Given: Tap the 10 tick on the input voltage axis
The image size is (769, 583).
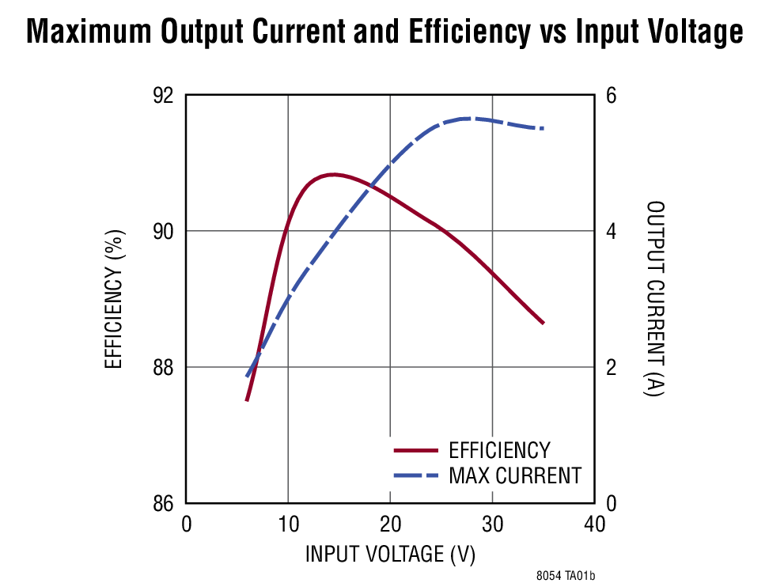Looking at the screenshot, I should tap(288, 524).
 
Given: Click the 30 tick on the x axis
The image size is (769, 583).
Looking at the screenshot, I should tap(492, 524).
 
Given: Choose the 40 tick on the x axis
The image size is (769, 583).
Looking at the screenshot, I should tap(594, 524).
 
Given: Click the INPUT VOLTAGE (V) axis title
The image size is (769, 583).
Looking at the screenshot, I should tap(390, 555).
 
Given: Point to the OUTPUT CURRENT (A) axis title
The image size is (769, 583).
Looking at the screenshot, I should tap(656, 298).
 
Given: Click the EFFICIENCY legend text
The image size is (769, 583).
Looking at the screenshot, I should tap(498, 450).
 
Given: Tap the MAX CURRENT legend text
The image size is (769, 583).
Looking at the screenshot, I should tap(514, 475).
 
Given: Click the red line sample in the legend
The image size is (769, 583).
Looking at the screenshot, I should tap(415, 450).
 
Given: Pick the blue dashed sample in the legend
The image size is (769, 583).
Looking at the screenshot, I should tap(415, 475).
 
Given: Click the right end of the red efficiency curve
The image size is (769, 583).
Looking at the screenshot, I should tap(544, 323).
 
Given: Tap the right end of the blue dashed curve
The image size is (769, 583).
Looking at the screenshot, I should tap(543, 128).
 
